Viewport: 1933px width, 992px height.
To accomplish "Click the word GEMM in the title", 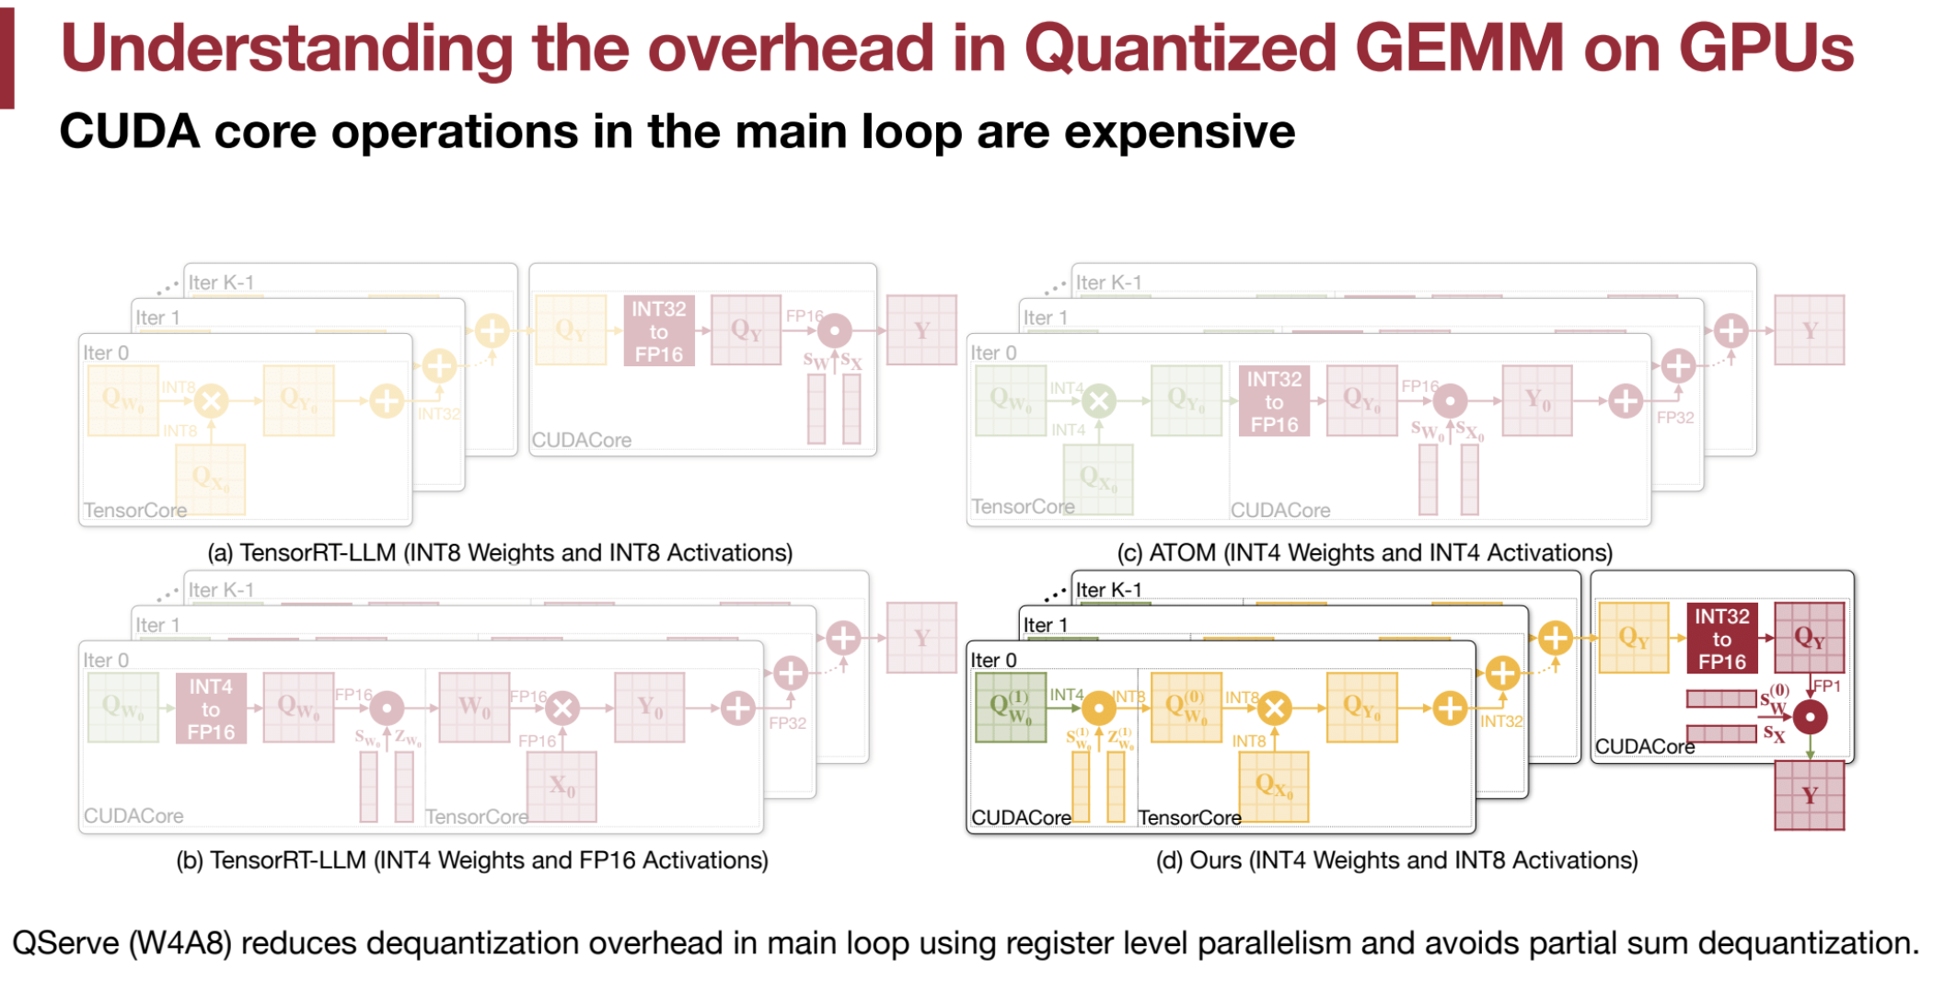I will click(1459, 48).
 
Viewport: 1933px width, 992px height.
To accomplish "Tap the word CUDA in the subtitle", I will click(129, 131).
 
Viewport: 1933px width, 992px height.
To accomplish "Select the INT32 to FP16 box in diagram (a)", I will click(659, 331).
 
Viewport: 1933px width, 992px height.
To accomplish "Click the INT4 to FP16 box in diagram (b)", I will click(211, 709).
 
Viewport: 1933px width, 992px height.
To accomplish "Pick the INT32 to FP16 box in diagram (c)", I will click(1274, 401).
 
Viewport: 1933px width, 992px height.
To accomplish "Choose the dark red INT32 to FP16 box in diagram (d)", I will click(1722, 639).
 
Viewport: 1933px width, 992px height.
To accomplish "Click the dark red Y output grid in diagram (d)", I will click(1809, 796).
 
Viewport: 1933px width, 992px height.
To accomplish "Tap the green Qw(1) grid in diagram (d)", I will click(1010, 707).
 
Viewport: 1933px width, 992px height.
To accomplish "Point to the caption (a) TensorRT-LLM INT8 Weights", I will click(500, 552).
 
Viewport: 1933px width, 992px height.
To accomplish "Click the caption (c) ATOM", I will click(1364, 552).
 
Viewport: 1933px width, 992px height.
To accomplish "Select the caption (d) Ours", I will click(1396, 859).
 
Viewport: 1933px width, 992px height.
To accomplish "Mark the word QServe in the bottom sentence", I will click(66, 943).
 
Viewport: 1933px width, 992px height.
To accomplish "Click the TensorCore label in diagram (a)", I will click(134, 510).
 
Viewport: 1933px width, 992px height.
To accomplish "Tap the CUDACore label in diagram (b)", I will click(133, 815).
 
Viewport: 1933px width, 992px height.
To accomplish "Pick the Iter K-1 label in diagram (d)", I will click(1108, 590).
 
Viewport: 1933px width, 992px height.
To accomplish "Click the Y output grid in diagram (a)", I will click(921, 330).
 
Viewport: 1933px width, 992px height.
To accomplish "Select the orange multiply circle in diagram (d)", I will click(1274, 709).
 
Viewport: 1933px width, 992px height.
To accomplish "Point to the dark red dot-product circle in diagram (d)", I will click(1810, 717).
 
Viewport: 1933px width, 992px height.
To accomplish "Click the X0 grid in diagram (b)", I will click(561, 786).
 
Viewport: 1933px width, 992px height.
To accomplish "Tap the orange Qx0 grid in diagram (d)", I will click(1273, 786).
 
